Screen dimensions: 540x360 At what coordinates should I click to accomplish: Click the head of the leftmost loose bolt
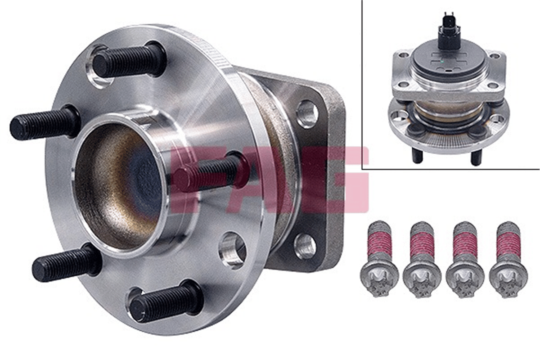[x=379, y=280]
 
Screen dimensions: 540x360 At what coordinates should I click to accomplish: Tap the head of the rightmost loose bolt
[x=508, y=280]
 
